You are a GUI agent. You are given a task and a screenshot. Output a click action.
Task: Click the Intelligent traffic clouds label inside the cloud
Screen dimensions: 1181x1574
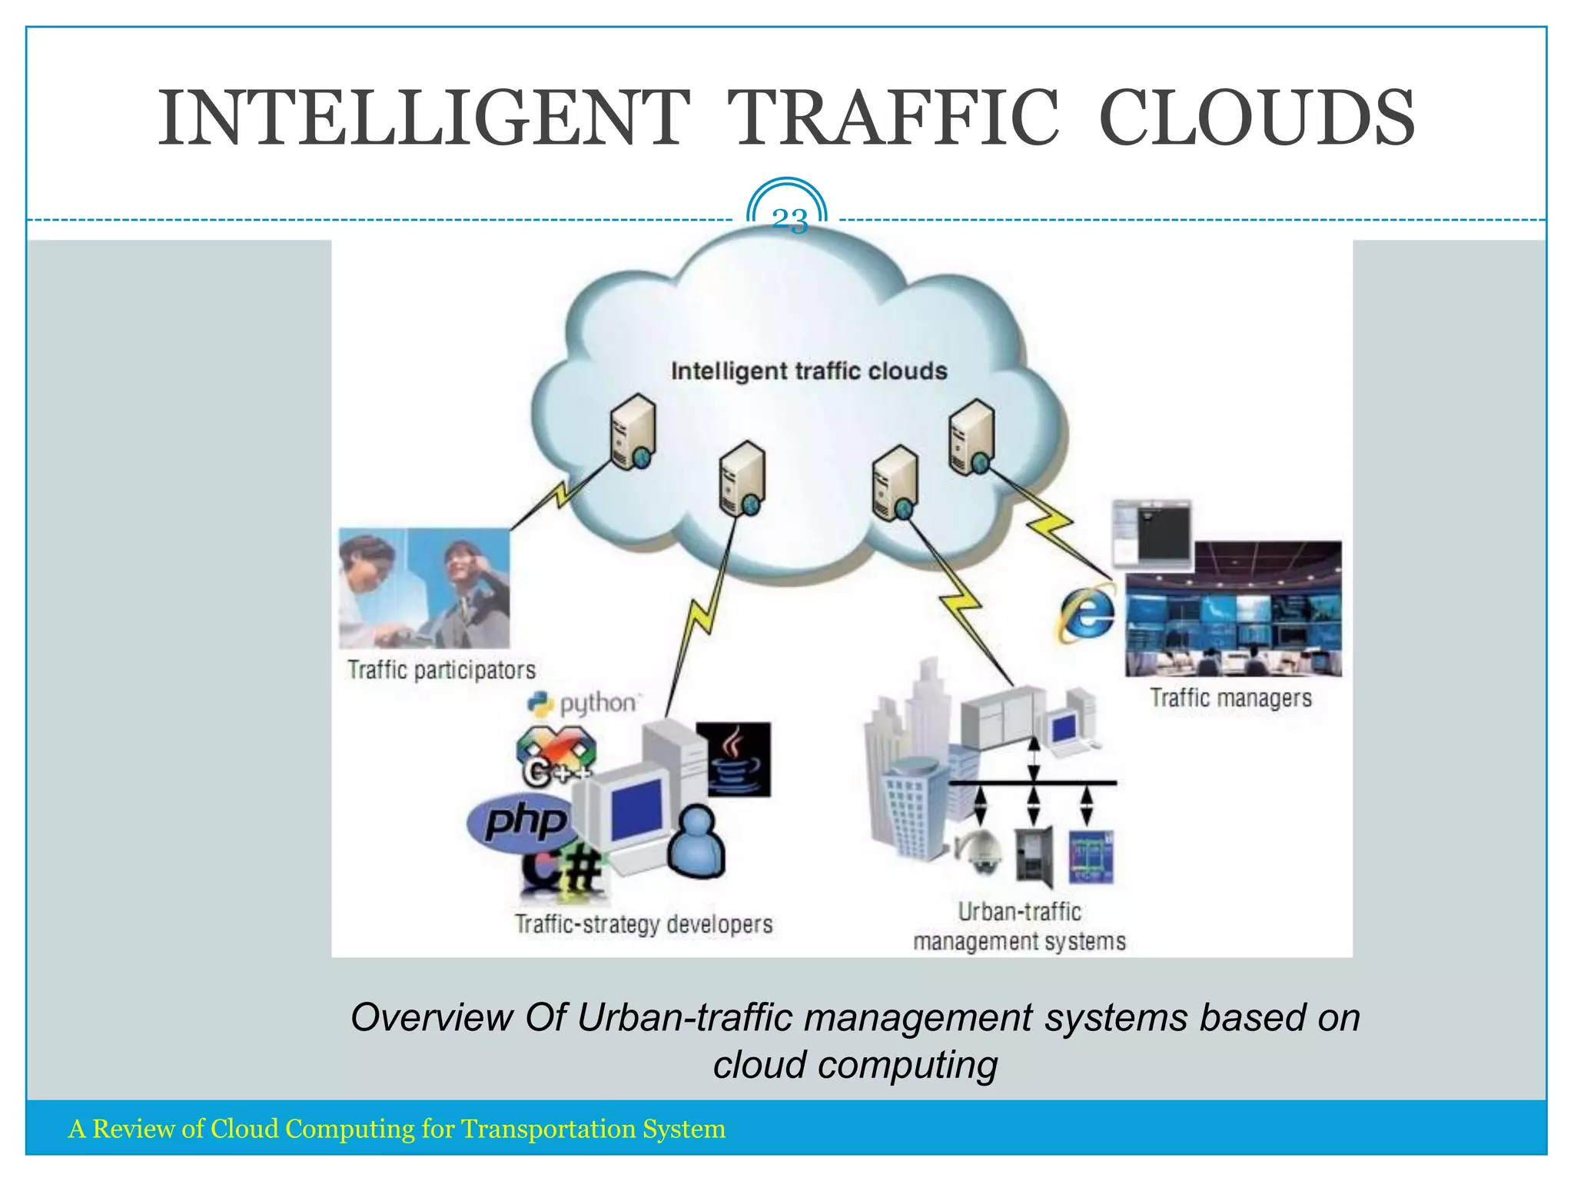[x=809, y=371]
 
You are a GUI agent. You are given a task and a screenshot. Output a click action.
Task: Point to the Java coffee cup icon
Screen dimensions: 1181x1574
[x=733, y=759]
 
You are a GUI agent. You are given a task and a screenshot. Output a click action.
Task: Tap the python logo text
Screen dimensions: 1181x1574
[x=597, y=704]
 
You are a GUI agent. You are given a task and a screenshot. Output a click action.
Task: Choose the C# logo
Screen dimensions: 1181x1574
[x=563, y=874]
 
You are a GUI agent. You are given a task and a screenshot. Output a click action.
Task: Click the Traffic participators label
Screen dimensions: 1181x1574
[x=441, y=670]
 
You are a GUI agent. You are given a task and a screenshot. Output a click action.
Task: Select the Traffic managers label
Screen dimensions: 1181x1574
[x=1230, y=698]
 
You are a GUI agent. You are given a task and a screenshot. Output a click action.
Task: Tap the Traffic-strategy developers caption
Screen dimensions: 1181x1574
[x=643, y=924]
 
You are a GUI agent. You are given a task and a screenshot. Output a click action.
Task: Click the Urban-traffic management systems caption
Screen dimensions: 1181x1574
[x=1019, y=927]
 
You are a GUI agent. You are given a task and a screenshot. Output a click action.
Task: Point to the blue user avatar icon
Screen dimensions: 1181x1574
[x=696, y=842]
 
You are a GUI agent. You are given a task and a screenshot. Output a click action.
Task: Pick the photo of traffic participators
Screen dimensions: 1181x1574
[x=424, y=588]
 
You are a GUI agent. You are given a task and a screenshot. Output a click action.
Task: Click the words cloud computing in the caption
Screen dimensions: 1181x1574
[x=855, y=1066]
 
